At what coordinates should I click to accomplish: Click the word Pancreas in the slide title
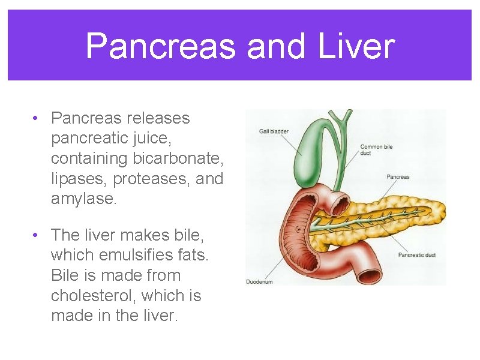pyautogui.click(x=160, y=46)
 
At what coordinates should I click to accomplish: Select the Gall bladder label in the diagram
pyautogui.click(x=274, y=131)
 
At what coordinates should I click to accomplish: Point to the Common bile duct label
pyautogui.click(x=376, y=150)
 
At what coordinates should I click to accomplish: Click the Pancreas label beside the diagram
pyautogui.click(x=398, y=177)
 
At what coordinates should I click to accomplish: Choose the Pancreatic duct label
pyautogui.click(x=416, y=255)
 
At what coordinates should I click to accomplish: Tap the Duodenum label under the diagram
pyautogui.click(x=259, y=281)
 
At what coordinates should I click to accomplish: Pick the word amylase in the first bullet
pyautogui.click(x=83, y=199)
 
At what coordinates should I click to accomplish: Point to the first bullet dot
pyautogui.click(x=37, y=118)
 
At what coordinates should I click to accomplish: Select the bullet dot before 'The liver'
pyautogui.click(x=37, y=235)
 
